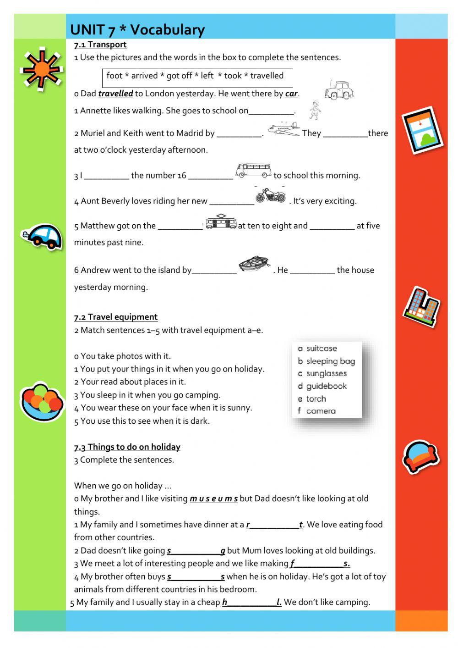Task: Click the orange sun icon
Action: coord(42,69)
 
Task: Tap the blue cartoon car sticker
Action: coord(42,237)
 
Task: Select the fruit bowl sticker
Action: coord(42,401)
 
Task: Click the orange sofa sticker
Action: coord(420,456)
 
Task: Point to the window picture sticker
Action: coord(422,130)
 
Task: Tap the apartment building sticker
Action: coord(421,307)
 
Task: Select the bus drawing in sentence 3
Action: coord(253,171)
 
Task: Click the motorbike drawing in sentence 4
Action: coord(270,195)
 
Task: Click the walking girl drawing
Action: coord(314,110)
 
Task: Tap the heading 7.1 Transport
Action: coord(100,44)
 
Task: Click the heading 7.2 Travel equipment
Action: coord(116,317)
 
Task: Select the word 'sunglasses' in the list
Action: coord(326,373)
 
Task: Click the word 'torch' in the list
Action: coord(316,399)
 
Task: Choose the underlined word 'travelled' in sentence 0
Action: coord(115,94)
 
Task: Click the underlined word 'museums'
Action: coord(213,498)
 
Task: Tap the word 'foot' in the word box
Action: coord(114,76)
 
